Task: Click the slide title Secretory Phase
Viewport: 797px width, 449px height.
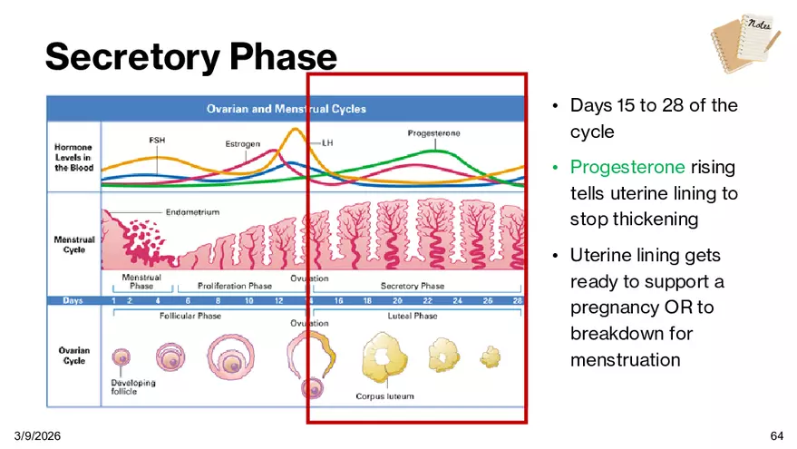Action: click(x=191, y=57)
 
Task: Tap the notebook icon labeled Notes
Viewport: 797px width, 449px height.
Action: click(x=745, y=44)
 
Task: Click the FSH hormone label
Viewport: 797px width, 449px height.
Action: click(x=157, y=140)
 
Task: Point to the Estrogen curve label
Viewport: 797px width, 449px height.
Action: click(x=242, y=144)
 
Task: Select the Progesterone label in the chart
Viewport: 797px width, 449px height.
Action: click(x=433, y=133)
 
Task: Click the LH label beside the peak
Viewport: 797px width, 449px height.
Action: click(x=327, y=143)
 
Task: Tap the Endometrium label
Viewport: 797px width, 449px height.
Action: click(x=192, y=212)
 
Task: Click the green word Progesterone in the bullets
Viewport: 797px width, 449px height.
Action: click(x=627, y=167)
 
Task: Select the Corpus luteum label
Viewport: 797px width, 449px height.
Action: click(x=384, y=396)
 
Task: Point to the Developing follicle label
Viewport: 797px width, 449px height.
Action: click(x=133, y=387)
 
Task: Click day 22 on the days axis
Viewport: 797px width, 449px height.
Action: click(x=427, y=300)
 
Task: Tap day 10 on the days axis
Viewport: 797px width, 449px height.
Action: click(x=249, y=300)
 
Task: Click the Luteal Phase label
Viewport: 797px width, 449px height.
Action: click(x=413, y=316)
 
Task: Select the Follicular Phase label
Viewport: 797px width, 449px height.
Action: click(x=190, y=316)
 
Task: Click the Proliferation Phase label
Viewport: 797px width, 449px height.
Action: click(x=235, y=286)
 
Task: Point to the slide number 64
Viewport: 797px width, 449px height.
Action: click(x=777, y=435)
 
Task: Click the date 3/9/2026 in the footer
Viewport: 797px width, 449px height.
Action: click(x=37, y=435)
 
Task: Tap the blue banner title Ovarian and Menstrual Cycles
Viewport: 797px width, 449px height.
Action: click(x=287, y=109)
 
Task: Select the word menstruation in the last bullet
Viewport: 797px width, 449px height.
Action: click(x=626, y=360)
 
